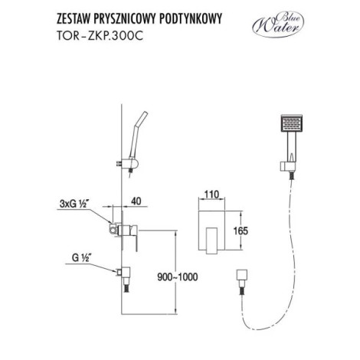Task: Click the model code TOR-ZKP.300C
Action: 100,36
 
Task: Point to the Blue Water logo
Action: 278,25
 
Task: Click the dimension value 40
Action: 136,201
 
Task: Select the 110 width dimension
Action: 211,195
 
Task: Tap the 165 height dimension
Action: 241,231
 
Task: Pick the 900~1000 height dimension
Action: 178,277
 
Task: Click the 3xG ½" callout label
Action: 72,204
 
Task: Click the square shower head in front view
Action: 291,123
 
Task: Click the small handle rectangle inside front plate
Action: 211,240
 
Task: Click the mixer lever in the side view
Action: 136,238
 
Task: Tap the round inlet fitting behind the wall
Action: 113,229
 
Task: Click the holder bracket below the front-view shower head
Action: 288,166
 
